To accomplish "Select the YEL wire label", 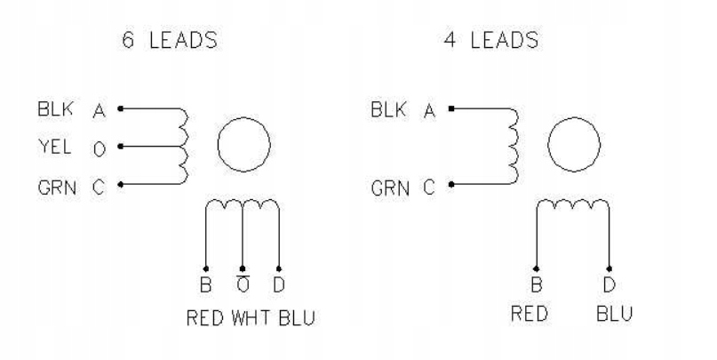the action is pyautogui.click(x=51, y=147).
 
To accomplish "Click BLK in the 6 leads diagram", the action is pyautogui.click(x=52, y=110).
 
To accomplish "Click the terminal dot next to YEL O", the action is pyautogui.click(x=119, y=147).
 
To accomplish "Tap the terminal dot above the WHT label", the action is pyautogui.click(x=243, y=268).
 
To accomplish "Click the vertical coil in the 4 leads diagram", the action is pyautogui.click(x=513, y=147).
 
